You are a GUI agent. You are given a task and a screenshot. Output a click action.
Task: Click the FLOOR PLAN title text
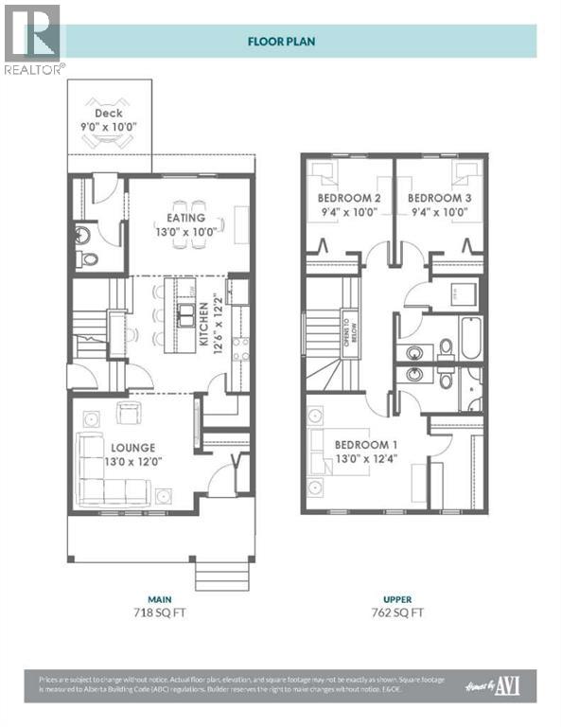[280, 41]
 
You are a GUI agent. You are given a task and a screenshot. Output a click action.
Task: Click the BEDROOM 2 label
[347, 198]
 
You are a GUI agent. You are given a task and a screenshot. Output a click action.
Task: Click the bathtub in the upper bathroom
[470, 339]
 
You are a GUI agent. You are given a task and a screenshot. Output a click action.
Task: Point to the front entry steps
[221, 574]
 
